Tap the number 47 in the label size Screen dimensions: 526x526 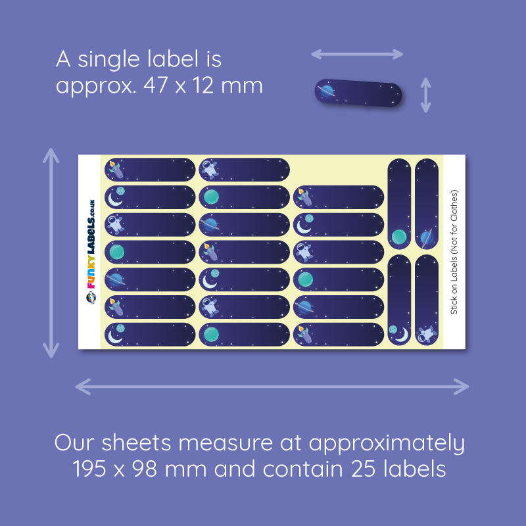point(156,85)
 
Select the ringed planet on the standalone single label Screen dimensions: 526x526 point(327,91)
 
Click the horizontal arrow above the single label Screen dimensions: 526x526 point(357,54)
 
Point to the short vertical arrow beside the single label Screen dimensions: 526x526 point(425,95)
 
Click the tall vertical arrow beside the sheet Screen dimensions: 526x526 point(51,253)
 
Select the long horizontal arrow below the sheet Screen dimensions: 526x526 point(272,387)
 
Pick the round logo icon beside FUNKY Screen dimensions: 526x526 point(91,297)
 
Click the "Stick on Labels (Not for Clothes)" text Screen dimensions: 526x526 point(454,252)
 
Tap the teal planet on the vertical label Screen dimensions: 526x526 point(399,237)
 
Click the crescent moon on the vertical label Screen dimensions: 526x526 point(403,335)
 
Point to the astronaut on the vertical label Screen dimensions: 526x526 point(426,334)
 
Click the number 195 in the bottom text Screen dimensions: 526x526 point(89,469)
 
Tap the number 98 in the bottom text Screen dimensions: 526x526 point(145,469)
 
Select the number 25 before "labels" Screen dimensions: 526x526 point(363,469)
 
